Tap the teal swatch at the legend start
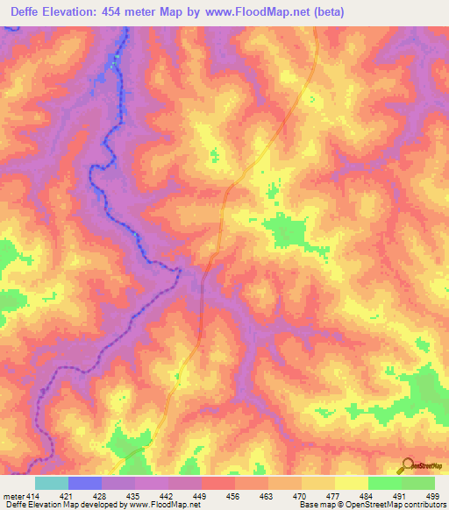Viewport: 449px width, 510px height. click(x=52, y=483)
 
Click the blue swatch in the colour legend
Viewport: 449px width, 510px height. click(x=85, y=483)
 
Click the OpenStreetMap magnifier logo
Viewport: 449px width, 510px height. click(x=406, y=465)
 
